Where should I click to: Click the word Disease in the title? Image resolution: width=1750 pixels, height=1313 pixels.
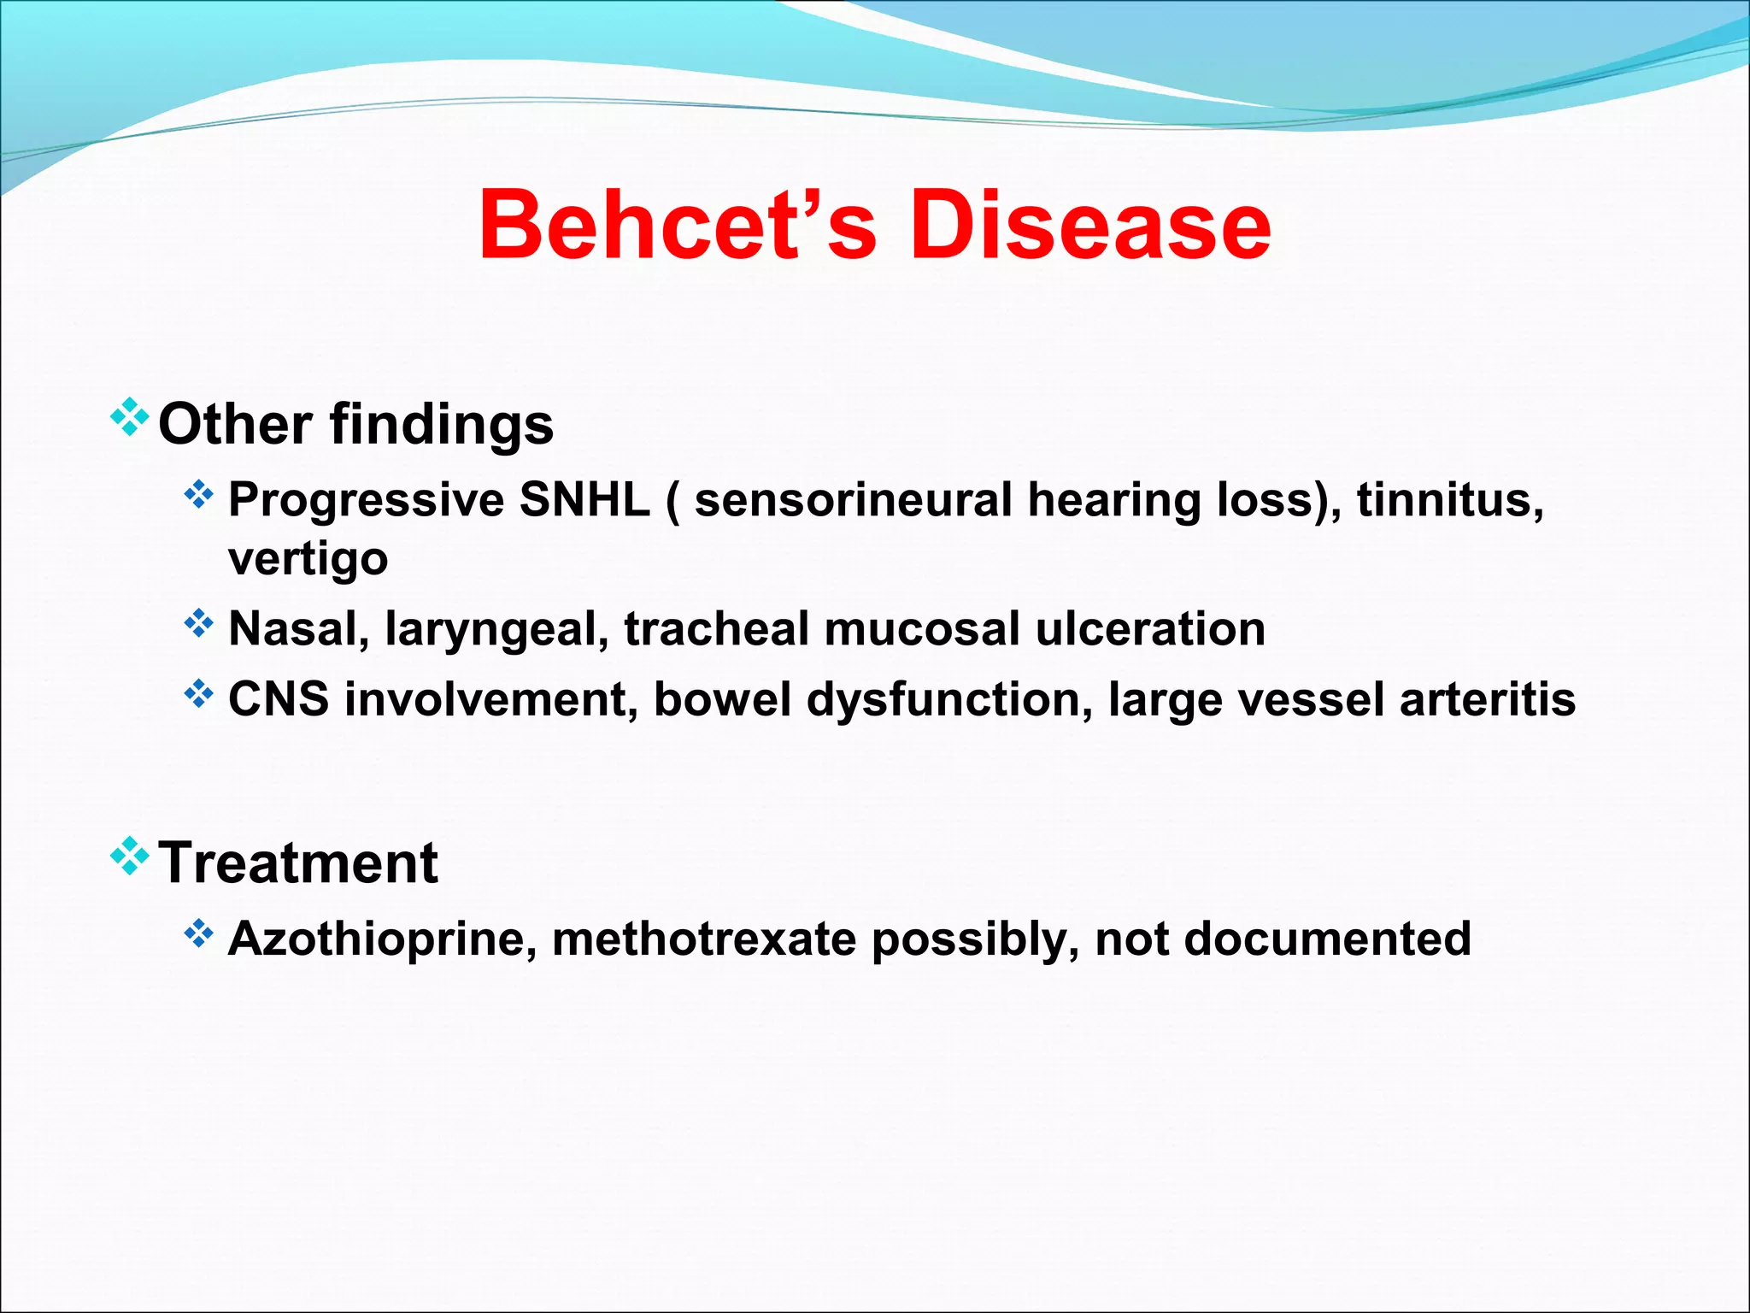tap(1089, 224)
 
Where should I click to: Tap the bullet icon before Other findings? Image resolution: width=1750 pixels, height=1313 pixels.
tap(129, 417)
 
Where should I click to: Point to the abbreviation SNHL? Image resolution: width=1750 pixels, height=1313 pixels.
tap(584, 499)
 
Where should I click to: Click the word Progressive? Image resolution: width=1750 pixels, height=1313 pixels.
tap(366, 501)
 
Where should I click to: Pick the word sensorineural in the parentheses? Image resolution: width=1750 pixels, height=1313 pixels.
tap(853, 499)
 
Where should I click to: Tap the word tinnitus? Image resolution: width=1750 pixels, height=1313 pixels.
tap(1449, 499)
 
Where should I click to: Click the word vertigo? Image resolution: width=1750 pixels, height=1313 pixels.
tap(308, 560)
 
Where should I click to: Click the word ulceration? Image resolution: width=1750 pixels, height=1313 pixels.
tap(1149, 629)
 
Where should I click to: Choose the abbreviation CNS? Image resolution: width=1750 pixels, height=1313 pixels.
tap(279, 699)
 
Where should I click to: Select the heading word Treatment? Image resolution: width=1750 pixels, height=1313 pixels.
tap(298, 863)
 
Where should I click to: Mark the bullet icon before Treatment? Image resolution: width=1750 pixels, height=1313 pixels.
tap(129, 857)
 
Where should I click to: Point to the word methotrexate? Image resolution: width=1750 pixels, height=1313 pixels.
tap(703, 939)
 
